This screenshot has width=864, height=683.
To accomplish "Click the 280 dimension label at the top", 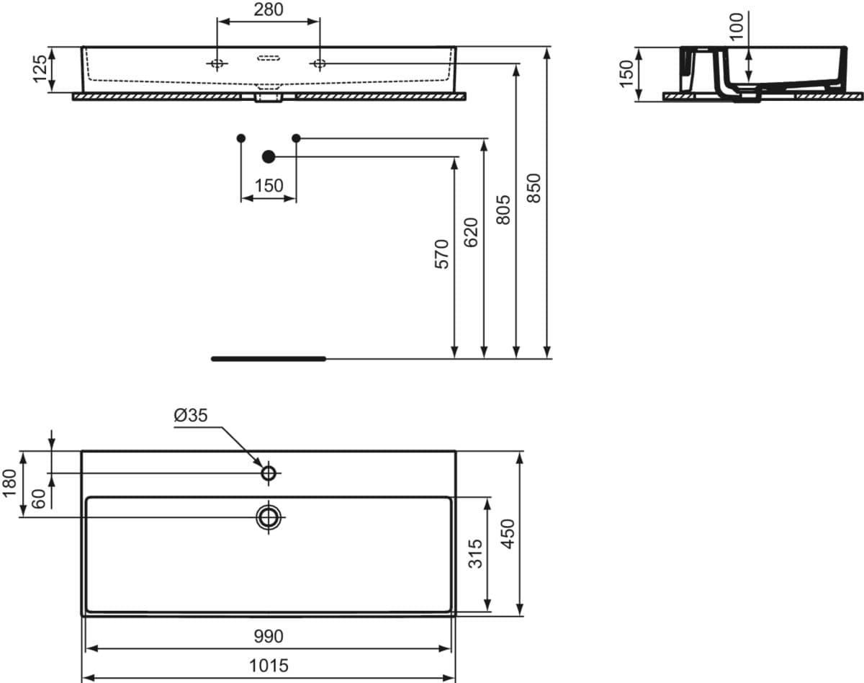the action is point(268,9).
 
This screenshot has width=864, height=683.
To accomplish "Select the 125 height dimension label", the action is point(40,69).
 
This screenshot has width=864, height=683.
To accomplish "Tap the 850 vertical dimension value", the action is point(534,188).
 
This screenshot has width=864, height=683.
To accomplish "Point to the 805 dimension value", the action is point(503,210).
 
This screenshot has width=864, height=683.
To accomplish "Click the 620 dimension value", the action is point(471,232).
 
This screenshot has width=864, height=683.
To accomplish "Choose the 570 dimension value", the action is point(441,254).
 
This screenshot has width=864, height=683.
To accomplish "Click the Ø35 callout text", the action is point(191,416).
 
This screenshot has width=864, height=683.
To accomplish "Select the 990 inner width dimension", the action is point(268,636).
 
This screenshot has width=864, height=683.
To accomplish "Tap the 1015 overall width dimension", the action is point(269,666).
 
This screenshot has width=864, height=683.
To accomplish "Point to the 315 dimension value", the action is point(476,554).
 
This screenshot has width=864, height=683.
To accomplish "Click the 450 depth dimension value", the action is point(508,534).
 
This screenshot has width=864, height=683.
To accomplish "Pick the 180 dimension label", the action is point(9,483).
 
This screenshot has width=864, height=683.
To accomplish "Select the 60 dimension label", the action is point(39,499).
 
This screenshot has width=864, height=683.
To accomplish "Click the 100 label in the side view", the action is point(737,27).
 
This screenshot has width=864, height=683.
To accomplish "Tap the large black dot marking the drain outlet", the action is point(269,156).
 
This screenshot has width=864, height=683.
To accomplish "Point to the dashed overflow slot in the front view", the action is point(269,58).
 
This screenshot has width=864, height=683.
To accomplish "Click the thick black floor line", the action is point(269,359).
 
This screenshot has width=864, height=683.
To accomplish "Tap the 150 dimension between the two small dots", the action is point(269,186).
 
